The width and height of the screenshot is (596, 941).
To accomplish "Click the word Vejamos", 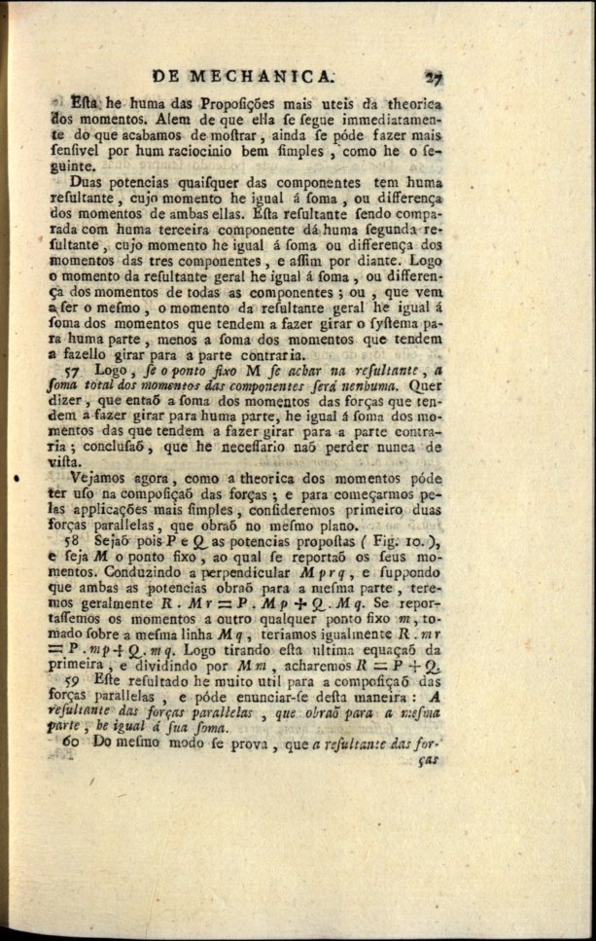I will point(100,477).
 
